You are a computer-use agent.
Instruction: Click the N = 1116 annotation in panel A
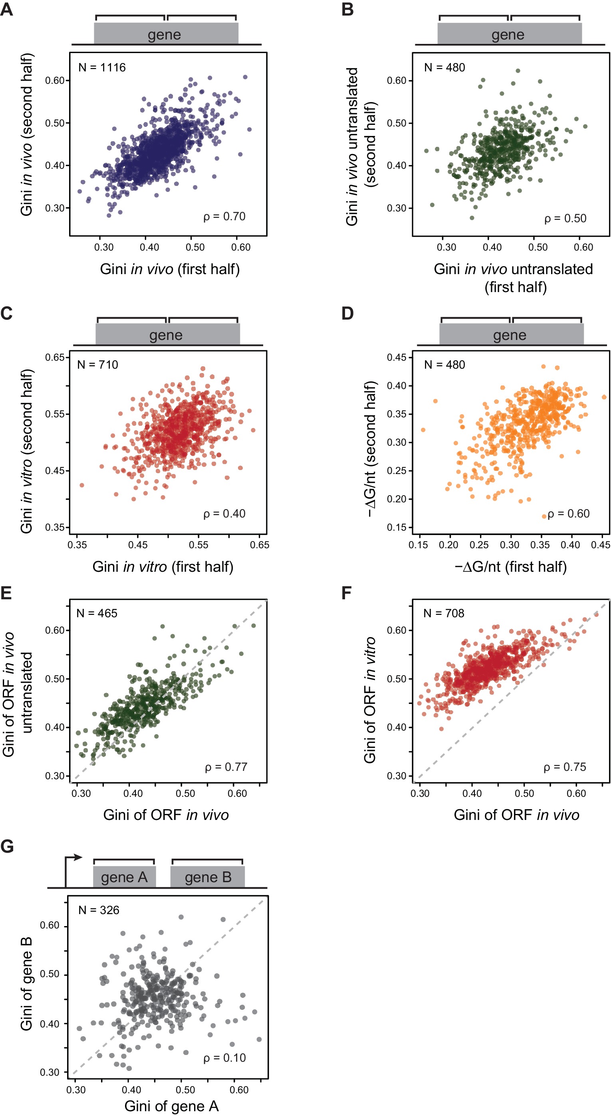click(x=102, y=67)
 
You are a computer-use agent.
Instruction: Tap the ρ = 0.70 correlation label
click(x=224, y=216)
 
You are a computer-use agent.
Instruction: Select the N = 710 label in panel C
click(x=97, y=365)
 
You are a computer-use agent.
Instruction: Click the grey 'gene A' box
click(x=124, y=877)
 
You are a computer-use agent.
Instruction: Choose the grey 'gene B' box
click(x=208, y=877)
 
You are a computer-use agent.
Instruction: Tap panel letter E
click(x=6, y=593)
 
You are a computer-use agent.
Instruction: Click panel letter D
click(x=347, y=313)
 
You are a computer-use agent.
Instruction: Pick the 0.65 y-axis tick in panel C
click(x=55, y=358)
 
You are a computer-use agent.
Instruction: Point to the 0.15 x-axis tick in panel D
click(x=418, y=545)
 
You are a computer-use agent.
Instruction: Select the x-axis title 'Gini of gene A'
click(x=171, y=1106)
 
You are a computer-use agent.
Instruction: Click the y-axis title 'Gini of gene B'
click(x=26, y=984)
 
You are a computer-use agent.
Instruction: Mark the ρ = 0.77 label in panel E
click(x=226, y=767)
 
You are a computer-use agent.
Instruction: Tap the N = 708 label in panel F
click(x=444, y=613)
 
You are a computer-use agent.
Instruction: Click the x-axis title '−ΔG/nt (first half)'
click(x=510, y=567)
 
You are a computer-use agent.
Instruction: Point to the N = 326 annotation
click(x=99, y=910)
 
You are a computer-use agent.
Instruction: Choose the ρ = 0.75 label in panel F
click(x=565, y=767)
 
